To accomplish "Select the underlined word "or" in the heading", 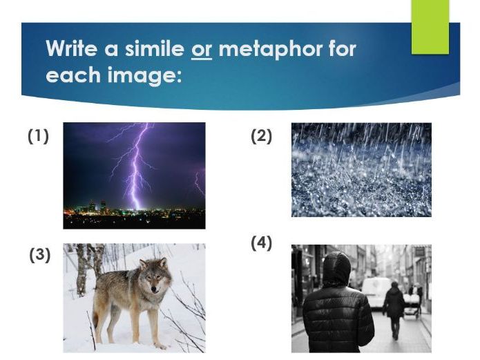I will click(201, 50).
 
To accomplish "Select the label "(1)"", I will click(39, 137).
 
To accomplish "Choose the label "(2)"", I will click(261, 137).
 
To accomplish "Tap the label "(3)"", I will click(40, 255).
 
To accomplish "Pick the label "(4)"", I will click(261, 243).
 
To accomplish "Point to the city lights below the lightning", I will click(131, 211).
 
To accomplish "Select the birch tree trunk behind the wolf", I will click(82, 269).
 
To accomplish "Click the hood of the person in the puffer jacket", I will click(337, 268).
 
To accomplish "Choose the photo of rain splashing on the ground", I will click(361, 170).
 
